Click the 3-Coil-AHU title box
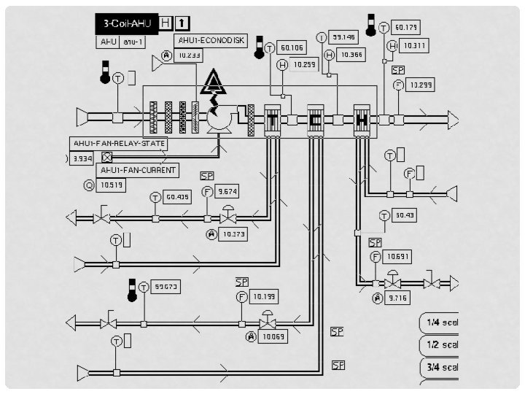click(126, 23)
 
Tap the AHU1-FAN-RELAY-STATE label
click(119, 143)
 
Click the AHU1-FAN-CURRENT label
click(138, 170)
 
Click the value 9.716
click(398, 298)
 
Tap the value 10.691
click(398, 256)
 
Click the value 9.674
click(228, 191)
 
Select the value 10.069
click(273, 336)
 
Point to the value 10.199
click(263, 296)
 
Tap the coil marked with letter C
click(316, 120)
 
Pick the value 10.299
click(421, 85)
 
